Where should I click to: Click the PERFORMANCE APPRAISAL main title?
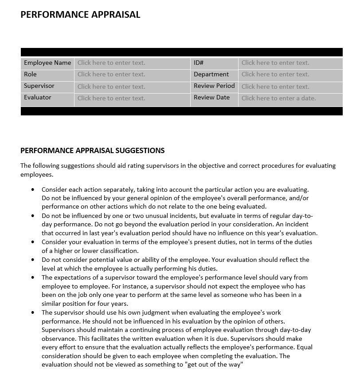click(x=80, y=14)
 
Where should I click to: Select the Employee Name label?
click(x=47, y=63)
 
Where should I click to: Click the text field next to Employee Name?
click(x=111, y=63)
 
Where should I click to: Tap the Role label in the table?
click(x=30, y=74)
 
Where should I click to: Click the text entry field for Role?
click(x=111, y=75)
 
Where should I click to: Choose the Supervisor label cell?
click(x=39, y=86)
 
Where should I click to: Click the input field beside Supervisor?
click(x=111, y=87)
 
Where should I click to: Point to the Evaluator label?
click(x=38, y=97)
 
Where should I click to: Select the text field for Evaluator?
click(x=111, y=98)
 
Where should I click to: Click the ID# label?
click(x=199, y=63)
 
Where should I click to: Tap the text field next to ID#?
click(x=275, y=63)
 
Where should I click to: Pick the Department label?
click(x=211, y=74)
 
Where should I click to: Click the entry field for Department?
click(x=275, y=75)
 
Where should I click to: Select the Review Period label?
click(x=214, y=86)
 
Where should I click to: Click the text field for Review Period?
click(x=275, y=87)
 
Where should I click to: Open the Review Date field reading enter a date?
click(x=278, y=98)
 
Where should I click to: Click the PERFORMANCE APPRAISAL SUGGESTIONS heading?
click(x=92, y=150)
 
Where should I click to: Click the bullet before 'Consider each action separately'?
click(x=33, y=190)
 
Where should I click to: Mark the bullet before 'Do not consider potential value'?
click(x=33, y=260)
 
